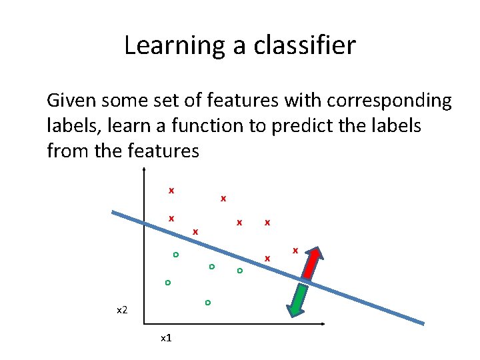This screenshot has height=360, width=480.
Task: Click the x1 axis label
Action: click(x=167, y=338)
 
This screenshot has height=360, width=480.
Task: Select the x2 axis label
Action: click(x=121, y=311)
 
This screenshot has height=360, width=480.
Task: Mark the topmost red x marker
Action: click(x=171, y=191)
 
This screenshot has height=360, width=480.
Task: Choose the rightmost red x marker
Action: click(x=295, y=251)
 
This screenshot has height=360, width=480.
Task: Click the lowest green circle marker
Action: click(x=207, y=303)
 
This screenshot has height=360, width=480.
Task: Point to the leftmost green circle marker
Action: click(x=168, y=283)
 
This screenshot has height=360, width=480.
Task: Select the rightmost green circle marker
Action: click(x=239, y=271)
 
